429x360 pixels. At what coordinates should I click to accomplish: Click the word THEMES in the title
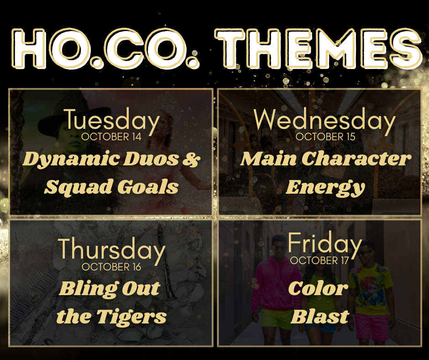[318, 48]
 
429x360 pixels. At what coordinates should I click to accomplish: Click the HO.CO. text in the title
[105, 48]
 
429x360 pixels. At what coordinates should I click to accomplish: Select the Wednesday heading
[325, 120]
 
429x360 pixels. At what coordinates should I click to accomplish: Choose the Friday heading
[325, 244]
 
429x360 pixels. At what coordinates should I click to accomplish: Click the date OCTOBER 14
[111, 137]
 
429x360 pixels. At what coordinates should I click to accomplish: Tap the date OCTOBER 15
[325, 137]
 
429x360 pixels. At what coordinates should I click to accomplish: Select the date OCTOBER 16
[111, 267]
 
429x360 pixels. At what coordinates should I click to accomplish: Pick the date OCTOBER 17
[319, 260]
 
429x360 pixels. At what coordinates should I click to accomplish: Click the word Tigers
[131, 317]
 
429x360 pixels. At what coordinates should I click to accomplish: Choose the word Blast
[319, 317]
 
